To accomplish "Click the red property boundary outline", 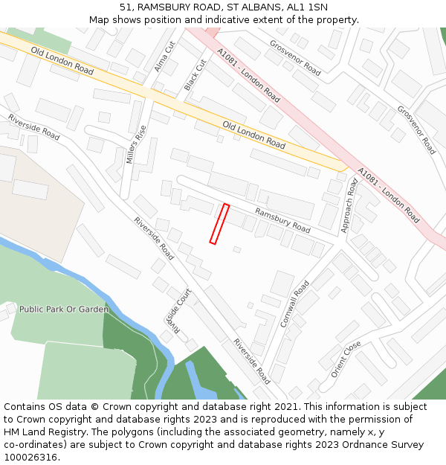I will click(219, 223).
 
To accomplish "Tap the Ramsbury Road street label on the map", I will click(282, 220).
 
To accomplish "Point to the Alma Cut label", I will click(164, 56).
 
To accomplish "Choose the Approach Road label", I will click(349, 206).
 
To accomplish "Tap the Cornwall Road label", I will click(295, 304).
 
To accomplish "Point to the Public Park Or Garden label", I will click(64, 309).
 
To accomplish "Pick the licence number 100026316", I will click(30, 458).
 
